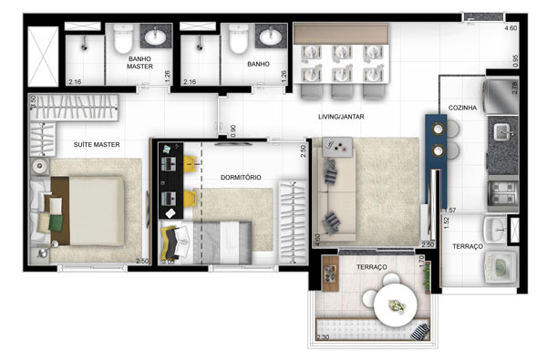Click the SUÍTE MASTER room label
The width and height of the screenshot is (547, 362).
pyautogui.click(x=96, y=145)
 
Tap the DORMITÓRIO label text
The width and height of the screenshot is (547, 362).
pyautogui.click(x=241, y=176)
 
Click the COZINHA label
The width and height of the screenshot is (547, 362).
pyautogui.click(x=462, y=108)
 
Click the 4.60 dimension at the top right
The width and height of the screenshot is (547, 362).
pyautogui.click(x=511, y=30)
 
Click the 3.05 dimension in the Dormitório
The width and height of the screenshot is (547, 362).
pyautogui.click(x=167, y=263)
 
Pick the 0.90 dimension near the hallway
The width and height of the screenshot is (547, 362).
pyautogui.click(x=233, y=130)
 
